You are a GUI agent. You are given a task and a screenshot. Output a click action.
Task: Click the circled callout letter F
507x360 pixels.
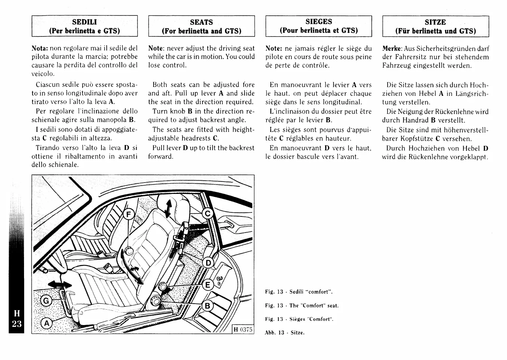[129, 215]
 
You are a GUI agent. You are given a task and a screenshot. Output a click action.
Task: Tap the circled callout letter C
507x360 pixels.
[207, 214]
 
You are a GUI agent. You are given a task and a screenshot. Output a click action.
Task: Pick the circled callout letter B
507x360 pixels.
[207, 306]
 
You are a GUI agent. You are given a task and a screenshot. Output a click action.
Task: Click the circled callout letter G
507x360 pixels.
[46, 301]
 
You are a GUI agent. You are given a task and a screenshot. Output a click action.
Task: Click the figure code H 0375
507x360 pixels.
[243, 330]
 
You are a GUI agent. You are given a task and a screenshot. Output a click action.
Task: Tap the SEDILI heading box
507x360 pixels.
[84, 26]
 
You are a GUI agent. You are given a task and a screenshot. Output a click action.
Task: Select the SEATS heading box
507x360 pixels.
[201, 26]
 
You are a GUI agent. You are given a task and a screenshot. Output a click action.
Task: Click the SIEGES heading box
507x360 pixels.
[318, 26]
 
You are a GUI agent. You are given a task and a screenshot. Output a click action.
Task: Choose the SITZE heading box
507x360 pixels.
[435, 26]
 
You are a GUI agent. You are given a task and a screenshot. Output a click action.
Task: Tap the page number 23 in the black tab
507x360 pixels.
[17, 324]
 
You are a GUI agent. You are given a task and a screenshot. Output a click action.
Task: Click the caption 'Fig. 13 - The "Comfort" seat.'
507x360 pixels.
[302, 306]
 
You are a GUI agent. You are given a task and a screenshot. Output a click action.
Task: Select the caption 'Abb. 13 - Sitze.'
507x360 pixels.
[284, 333]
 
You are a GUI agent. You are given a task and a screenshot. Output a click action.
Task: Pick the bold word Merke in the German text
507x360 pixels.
[392, 48]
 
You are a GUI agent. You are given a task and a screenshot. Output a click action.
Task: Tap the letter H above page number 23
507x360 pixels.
[17, 313]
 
